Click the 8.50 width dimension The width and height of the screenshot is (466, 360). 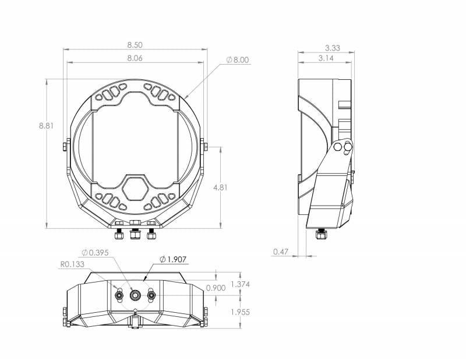135,44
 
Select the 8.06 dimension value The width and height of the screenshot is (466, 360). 135,58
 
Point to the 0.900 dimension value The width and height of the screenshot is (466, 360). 215,288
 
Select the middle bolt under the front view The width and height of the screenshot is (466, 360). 135,232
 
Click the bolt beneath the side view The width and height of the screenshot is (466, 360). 320,235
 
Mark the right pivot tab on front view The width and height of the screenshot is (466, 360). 203,144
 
